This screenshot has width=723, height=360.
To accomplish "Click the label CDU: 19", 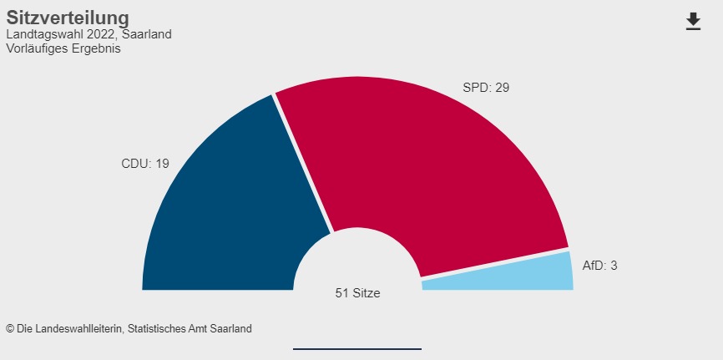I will pos(145,164).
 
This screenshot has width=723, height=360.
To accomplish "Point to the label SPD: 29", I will pos(486,87).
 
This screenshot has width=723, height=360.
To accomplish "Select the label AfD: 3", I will pos(599,266).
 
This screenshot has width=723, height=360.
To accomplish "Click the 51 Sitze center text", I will pos(357,293).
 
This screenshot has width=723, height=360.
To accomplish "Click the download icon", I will pos(693,22).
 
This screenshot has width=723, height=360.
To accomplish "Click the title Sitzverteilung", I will pos(68,18).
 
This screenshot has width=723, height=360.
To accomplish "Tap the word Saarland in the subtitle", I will pos(147,35).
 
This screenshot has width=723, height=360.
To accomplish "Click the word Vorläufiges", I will pos(36,48).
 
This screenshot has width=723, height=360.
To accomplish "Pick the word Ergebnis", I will pos(95,48).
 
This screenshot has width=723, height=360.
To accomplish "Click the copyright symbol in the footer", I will pos(10,329).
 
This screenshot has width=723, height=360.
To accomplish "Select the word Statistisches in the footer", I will pos(157,329).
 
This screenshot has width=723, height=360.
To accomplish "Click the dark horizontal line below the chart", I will pos(357,348).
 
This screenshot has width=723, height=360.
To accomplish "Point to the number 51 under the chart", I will pos(341,293).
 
